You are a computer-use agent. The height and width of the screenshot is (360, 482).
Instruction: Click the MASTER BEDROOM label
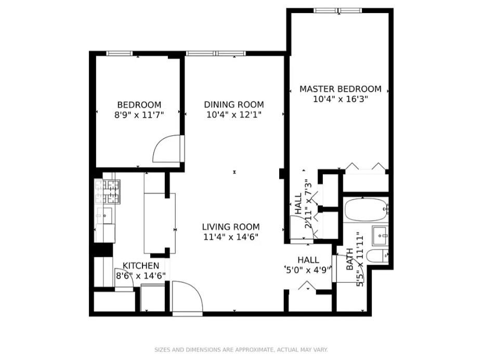point(340,89)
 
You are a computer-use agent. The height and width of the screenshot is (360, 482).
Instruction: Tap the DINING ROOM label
point(233,105)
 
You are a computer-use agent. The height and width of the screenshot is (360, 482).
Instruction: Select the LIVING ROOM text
point(230,227)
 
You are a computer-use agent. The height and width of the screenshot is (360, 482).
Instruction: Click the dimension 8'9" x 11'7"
point(139,115)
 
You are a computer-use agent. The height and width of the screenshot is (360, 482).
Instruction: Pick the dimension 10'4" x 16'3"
point(340,99)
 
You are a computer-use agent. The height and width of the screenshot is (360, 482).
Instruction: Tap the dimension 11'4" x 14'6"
point(230,237)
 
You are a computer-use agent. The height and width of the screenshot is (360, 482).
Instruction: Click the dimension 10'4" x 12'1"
point(233,115)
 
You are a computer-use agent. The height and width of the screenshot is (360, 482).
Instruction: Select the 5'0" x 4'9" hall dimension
point(308,270)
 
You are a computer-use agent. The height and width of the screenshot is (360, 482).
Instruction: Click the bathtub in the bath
point(366,210)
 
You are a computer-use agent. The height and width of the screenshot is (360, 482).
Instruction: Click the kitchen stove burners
point(108,191)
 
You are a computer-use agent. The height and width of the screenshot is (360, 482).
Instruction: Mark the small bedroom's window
point(119,53)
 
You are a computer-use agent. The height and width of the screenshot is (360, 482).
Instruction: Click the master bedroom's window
point(338,10)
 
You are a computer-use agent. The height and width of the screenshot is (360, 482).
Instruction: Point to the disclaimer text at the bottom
point(241,350)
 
